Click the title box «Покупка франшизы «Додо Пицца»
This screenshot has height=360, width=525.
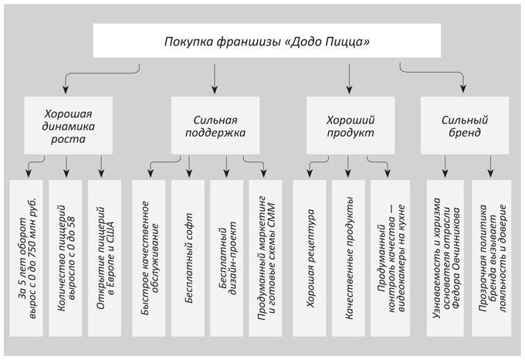click(x=262, y=41)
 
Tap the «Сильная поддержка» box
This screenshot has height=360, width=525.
click(x=215, y=126)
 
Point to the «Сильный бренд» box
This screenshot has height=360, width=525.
click(x=462, y=126)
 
